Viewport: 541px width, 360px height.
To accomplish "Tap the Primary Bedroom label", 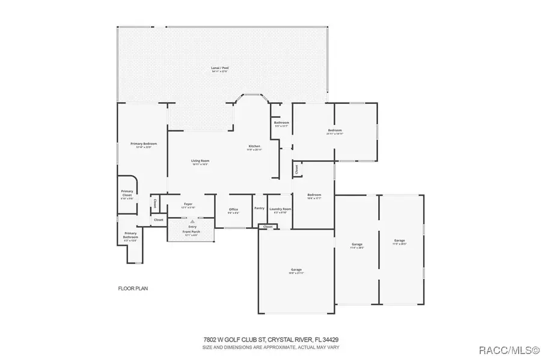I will pyautogui.click(x=144, y=144).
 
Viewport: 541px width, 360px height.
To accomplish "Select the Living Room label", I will pyautogui.click(x=200, y=161).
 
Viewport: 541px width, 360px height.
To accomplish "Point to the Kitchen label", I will pyautogui.click(x=255, y=147).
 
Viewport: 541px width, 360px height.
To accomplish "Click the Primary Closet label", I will pyautogui.click(x=127, y=193).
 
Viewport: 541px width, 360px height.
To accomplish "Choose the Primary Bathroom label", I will pyautogui.click(x=130, y=235).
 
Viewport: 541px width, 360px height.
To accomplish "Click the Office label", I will pyautogui.click(x=233, y=209).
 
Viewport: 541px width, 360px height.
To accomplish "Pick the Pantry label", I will pyautogui.click(x=259, y=208).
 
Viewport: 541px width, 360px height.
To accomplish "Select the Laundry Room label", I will pyautogui.click(x=280, y=209).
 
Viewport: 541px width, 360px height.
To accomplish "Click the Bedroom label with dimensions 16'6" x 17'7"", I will pyautogui.click(x=314, y=195).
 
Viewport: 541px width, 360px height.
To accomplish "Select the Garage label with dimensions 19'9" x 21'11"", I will pyautogui.click(x=296, y=269).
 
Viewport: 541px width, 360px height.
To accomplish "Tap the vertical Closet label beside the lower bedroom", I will pyautogui.click(x=296, y=170).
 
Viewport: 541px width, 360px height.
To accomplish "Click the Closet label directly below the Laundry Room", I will pyautogui.click(x=267, y=227).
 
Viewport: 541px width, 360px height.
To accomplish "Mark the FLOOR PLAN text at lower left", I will pyautogui.click(x=132, y=288).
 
